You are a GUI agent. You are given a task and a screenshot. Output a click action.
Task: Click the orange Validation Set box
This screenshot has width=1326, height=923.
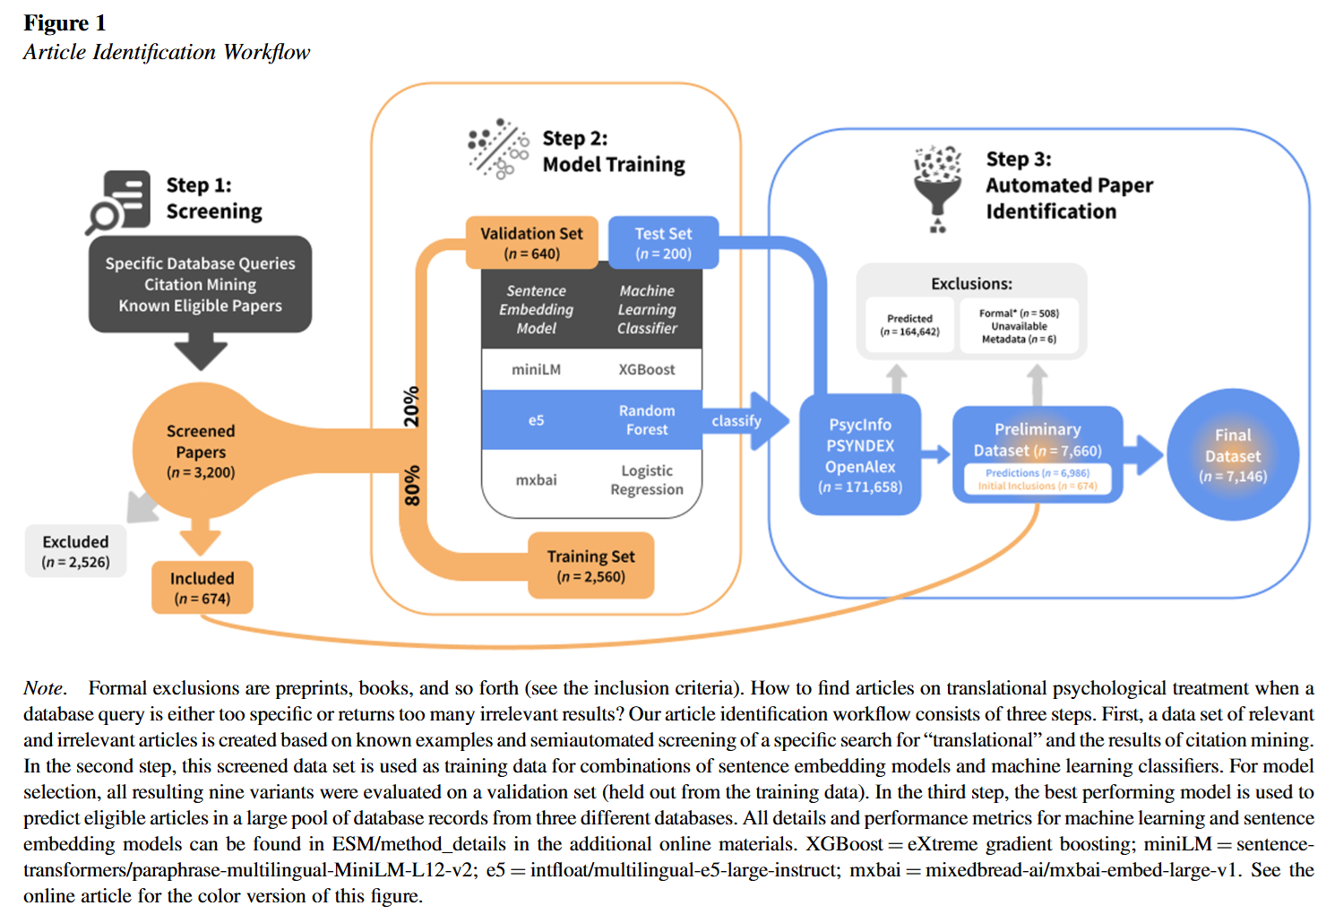point(531,243)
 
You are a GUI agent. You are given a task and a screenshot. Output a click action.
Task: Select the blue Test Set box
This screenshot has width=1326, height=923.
point(663,243)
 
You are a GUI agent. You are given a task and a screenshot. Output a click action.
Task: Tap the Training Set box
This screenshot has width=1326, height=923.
point(590,565)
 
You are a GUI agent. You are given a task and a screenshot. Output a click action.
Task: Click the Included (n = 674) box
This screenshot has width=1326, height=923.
point(202,588)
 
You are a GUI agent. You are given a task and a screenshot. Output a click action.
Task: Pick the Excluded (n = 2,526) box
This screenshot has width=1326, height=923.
point(75,551)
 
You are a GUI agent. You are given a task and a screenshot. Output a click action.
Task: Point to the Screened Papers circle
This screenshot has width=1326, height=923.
point(201,451)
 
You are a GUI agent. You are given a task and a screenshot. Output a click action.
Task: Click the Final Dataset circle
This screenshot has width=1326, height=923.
point(1233,455)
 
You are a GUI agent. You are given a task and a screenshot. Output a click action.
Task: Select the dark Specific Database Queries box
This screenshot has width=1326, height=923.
point(200,284)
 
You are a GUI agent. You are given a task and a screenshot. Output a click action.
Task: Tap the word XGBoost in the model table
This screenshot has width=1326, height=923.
point(646,369)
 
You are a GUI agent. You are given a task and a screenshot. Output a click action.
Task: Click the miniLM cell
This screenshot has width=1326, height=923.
point(536,369)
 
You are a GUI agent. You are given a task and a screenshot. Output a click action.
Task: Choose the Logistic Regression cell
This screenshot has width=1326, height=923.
point(646,479)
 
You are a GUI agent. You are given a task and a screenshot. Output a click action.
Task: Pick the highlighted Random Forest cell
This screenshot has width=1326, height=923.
point(646,419)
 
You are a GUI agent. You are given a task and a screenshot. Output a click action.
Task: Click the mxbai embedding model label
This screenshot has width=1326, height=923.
point(536,479)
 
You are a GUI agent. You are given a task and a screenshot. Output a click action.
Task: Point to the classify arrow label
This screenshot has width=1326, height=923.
point(736,420)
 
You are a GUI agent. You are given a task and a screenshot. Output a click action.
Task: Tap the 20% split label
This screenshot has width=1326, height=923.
point(411,406)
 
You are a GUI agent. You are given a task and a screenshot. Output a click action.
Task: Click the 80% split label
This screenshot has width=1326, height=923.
point(411,485)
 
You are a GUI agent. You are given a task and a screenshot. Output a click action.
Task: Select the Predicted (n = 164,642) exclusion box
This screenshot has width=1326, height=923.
point(909,325)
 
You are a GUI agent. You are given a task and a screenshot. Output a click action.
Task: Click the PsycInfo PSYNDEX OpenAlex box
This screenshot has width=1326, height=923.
point(859,455)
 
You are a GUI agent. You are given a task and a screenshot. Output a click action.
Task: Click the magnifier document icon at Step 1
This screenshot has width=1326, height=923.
point(119,202)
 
